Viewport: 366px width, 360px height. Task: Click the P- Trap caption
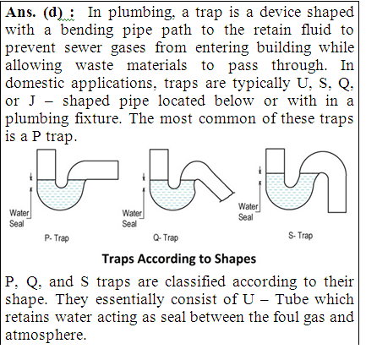coord(57,238)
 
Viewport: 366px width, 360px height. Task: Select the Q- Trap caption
coord(166,237)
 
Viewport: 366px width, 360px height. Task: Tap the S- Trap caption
coord(300,235)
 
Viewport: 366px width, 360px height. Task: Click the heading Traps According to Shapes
coord(179,259)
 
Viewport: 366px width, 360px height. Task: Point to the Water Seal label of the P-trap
coord(19,218)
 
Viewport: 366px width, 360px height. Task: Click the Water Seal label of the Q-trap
coord(132,218)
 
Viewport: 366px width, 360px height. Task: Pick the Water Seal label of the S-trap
coord(248,211)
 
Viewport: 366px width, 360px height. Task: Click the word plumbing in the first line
coord(140,14)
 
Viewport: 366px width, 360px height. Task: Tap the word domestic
coord(35,83)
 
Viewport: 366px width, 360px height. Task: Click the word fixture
coord(98,118)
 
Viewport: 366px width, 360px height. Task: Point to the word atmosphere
coord(46,335)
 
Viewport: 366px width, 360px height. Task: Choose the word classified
coord(195,281)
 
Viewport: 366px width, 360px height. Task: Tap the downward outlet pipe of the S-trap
coord(337,193)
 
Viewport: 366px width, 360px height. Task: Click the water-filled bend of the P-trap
coord(61,195)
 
